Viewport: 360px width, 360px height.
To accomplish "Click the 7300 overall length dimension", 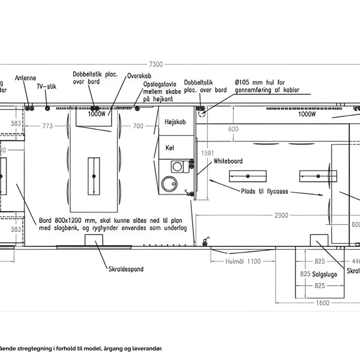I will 156,64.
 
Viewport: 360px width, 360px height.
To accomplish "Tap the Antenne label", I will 25,78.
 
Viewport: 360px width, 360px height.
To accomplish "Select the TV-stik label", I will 46,87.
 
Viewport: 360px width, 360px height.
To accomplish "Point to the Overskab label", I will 139,75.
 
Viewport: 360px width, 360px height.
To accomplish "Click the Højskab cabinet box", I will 175,122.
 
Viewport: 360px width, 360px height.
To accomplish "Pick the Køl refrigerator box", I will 170,147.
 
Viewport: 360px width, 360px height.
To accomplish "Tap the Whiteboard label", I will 228,161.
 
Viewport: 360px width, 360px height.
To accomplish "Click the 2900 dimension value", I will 281,215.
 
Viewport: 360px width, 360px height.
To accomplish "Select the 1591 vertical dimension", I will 207,153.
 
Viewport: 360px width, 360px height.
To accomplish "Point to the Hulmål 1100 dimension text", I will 243,261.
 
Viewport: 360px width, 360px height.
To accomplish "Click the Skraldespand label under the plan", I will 126,269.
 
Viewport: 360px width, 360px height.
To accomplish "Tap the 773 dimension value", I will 47,126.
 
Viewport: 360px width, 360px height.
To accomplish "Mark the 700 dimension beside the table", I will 138,126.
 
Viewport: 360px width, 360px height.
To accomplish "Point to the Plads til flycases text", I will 265,191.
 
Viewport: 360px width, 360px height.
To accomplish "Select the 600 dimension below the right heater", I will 233,129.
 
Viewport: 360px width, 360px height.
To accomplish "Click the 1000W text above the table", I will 97,114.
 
